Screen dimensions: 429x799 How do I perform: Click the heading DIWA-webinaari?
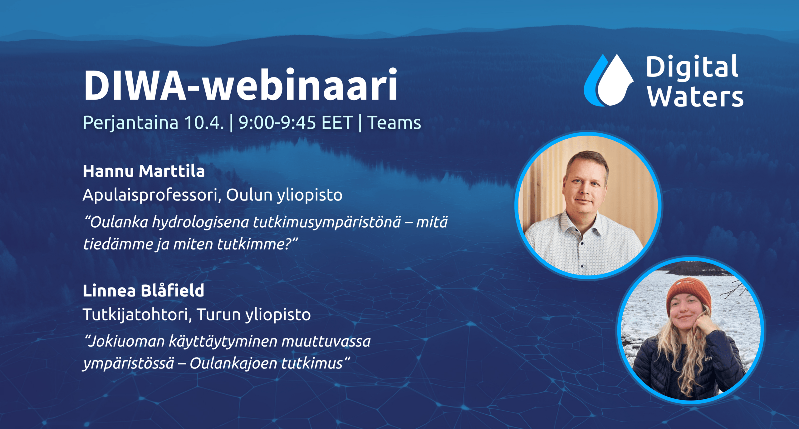pyautogui.click(x=240, y=85)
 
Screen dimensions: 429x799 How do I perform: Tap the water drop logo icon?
pyautogui.click(x=609, y=81)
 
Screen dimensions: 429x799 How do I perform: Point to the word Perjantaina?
pyautogui.click(x=130, y=123)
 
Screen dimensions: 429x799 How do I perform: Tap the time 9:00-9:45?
pyautogui.click(x=277, y=123)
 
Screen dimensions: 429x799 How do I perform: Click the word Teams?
pyautogui.click(x=394, y=123)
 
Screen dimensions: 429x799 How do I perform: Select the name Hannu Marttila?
pyautogui.click(x=144, y=171)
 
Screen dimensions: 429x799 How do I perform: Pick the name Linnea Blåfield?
pyautogui.click(x=143, y=291)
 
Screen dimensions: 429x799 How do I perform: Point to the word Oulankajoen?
pyautogui.click(x=234, y=363)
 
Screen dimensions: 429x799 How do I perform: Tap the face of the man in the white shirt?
pyautogui.click(x=585, y=187)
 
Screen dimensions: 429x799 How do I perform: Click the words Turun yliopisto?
pyautogui.click(x=254, y=315)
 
